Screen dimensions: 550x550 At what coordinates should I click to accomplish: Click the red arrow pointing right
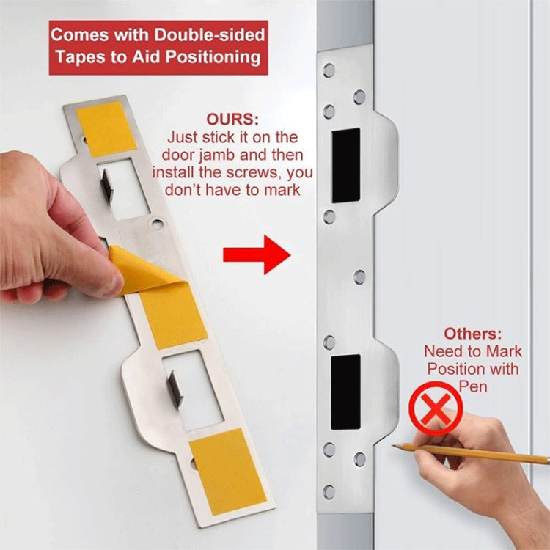(x=257, y=254)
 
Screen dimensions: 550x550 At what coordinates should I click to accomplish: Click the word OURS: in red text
(x=232, y=120)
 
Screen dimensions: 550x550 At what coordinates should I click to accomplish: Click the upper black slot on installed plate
(x=345, y=165)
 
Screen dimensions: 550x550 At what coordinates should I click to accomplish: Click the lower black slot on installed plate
(x=345, y=392)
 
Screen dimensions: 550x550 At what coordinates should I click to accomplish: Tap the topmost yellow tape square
(x=106, y=128)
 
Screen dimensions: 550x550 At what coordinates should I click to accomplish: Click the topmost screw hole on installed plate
(x=329, y=70)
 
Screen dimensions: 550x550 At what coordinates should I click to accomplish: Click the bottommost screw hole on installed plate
(x=329, y=491)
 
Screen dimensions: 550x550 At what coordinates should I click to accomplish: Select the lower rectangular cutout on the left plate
(x=193, y=389)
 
